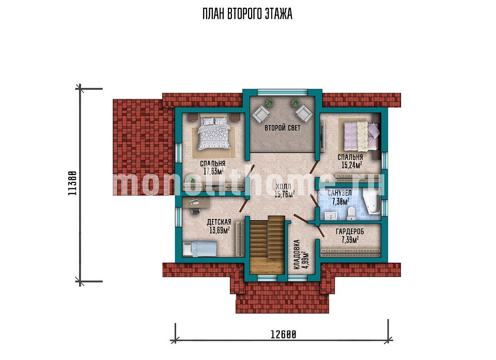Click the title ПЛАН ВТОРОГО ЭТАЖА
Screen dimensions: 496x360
pyautogui.click(x=247, y=14)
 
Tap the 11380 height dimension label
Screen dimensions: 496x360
pyautogui.click(x=72, y=183)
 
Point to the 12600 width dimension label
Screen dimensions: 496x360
pyautogui.click(x=283, y=334)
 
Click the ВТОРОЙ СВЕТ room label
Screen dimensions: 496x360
pyautogui.click(x=283, y=128)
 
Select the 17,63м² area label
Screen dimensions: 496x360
pyautogui.click(x=213, y=171)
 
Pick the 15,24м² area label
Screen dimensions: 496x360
pyautogui.click(x=351, y=165)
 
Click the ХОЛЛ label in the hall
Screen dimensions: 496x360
pyautogui.click(x=283, y=186)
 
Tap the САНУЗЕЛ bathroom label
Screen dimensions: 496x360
pyautogui.click(x=339, y=193)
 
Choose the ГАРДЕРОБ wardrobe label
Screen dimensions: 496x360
pyautogui.click(x=350, y=231)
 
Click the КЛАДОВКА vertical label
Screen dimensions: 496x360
pyautogui.click(x=297, y=255)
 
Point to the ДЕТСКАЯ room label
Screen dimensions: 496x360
pyautogui.click(x=219, y=222)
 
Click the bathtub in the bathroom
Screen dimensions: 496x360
pyautogui.click(x=371, y=203)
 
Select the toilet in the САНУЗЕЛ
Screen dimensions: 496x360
pyautogui.click(x=351, y=213)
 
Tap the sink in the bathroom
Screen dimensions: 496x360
pyautogui.click(x=331, y=216)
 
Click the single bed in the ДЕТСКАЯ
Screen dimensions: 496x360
pyautogui.click(x=199, y=248)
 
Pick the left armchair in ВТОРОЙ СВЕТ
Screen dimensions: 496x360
pyautogui.click(x=261, y=113)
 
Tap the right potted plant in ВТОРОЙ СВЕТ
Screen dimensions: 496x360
pyautogui.click(x=295, y=102)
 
